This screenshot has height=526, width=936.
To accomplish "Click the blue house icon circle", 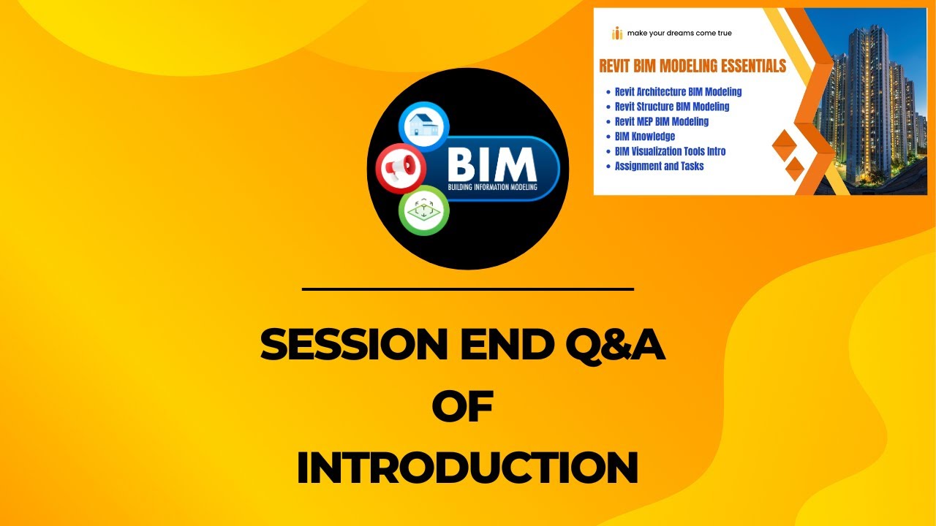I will tap(423, 126).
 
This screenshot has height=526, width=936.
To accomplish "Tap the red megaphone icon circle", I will tap(401, 168).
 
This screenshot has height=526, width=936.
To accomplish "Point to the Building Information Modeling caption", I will tap(492, 187).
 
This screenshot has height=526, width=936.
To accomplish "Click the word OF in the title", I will tap(463, 407).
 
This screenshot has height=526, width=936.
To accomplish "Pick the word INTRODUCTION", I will tap(467, 468).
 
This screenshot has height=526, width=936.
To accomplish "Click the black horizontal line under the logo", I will tap(467, 289).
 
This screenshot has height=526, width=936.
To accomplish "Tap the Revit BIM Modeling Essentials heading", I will tap(692, 66).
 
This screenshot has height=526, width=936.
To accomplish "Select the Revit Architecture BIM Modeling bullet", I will tap(678, 92).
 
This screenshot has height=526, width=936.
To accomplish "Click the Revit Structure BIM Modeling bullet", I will tap(672, 107).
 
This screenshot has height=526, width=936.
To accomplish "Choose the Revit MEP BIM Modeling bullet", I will tap(662, 122).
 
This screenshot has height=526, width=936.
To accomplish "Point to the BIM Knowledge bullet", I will tap(645, 137).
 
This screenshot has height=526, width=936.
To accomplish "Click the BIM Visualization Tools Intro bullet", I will tap(670, 151).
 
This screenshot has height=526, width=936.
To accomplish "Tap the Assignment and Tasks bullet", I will tap(659, 166).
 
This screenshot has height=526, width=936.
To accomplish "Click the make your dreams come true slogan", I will tap(679, 33).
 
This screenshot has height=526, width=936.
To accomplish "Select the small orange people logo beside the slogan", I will tap(617, 33).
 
